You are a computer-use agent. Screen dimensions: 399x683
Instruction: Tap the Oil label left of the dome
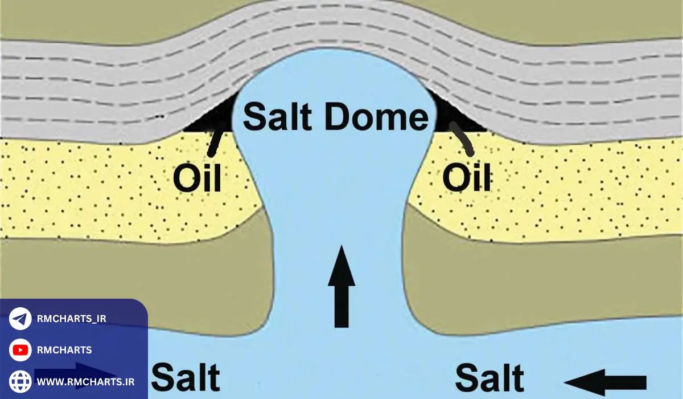197,178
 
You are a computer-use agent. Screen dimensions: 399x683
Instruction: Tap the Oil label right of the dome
467,178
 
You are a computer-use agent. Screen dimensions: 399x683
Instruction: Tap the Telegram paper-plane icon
20,319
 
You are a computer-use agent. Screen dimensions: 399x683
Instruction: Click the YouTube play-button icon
20,350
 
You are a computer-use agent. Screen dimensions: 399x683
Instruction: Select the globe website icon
20,381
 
